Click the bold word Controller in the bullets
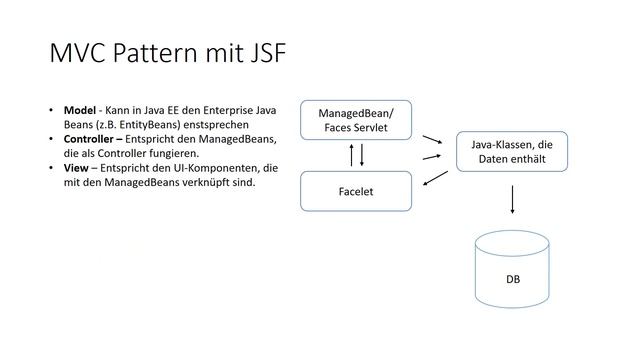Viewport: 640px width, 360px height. coord(95,138)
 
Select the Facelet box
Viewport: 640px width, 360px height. coord(355,191)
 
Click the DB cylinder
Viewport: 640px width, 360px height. coord(513,271)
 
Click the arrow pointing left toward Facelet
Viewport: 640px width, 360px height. coord(435,179)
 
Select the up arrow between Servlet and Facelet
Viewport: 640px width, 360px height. coord(350,155)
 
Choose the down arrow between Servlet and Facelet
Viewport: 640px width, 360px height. coord(361,155)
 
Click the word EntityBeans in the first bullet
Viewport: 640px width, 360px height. coord(139,123)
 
